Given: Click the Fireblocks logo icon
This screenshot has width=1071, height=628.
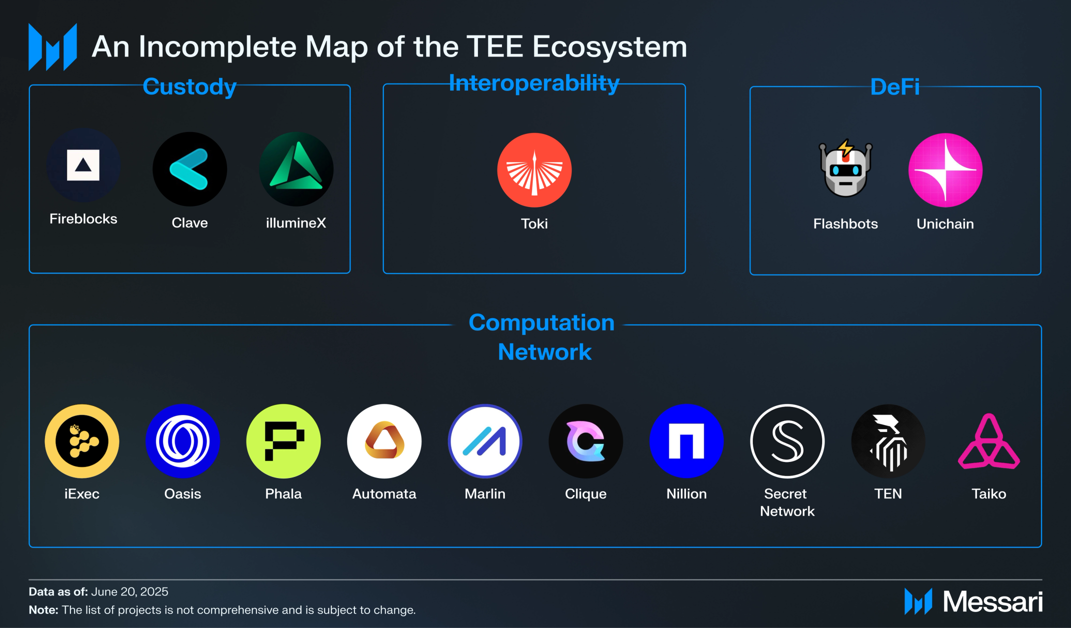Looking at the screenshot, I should tap(83, 165).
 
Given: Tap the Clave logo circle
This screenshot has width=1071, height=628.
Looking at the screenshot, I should tap(189, 169).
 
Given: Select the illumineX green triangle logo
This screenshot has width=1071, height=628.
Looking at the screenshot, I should tap(296, 169).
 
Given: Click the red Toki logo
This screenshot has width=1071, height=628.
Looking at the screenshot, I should tap(534, 170).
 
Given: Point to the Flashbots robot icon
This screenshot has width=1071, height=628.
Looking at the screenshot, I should tap(845, 169).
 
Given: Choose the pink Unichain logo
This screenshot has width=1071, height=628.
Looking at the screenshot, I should tap(945, 170).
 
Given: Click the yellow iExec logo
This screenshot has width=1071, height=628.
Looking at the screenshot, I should tap(82, 441).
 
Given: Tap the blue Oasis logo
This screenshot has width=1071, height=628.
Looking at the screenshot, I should tap(182, 441).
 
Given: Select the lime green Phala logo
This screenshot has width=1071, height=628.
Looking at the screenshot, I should tap(283, 441).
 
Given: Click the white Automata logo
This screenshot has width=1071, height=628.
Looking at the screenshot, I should tap(384, 441).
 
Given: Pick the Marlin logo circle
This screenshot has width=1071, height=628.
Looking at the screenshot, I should tap(485, 441).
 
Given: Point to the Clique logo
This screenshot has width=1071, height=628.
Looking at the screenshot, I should tap(585, 441).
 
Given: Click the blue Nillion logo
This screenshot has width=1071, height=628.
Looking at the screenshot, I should tap(686, 441).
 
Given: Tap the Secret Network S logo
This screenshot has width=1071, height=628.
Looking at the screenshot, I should tap(787, 441).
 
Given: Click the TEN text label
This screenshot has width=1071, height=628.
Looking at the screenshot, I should tap(888, 493).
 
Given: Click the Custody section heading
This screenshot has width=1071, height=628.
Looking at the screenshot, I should tap(189, 86).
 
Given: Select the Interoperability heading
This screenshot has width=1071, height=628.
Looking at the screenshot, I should tap(534, 83).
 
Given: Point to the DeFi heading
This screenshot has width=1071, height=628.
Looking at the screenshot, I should tap(894, 87).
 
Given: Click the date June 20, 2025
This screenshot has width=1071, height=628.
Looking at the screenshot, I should tap(129, 591).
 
